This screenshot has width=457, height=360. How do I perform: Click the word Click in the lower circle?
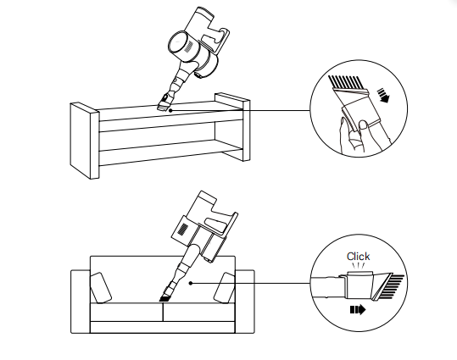pyautogui.click(x=358, y=257)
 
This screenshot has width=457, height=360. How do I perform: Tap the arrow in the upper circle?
pyautogui.click(x=383, y=96)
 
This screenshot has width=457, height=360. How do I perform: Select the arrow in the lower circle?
pyautogui.click(x=358, y=310)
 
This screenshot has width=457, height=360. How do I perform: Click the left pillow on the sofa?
pyautogui.click(x=101, y=288)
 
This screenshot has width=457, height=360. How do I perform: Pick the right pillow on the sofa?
pyautogui.click(x=225, y=288)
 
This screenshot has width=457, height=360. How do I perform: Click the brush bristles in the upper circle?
pyautogui.click(x=344, y=82)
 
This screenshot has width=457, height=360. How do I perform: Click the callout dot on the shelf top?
pyautogui.click(x=170, y=110)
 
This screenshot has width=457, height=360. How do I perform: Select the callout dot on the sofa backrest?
pyautogui.click(x=191, y=283)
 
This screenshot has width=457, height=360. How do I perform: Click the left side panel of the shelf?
pyautogui.click(x=85, y=141)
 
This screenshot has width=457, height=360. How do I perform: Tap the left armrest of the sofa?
pyautogui.click(x=81, y=302)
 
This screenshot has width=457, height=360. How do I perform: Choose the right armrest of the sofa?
pyautogui.click(x=244, y=302)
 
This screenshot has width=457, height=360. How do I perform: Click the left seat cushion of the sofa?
pyautogui.click(x=126, y=312)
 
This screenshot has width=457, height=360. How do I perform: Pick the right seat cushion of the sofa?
pyautogui.click(x=198, y=312)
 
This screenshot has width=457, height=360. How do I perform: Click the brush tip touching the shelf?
pyautogui.click(x=163, y=107)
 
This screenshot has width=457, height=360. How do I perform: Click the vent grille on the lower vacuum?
pyautogui.click(x=183, y=229)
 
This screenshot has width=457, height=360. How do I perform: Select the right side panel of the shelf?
pyautogui.click(x=232, y=127)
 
